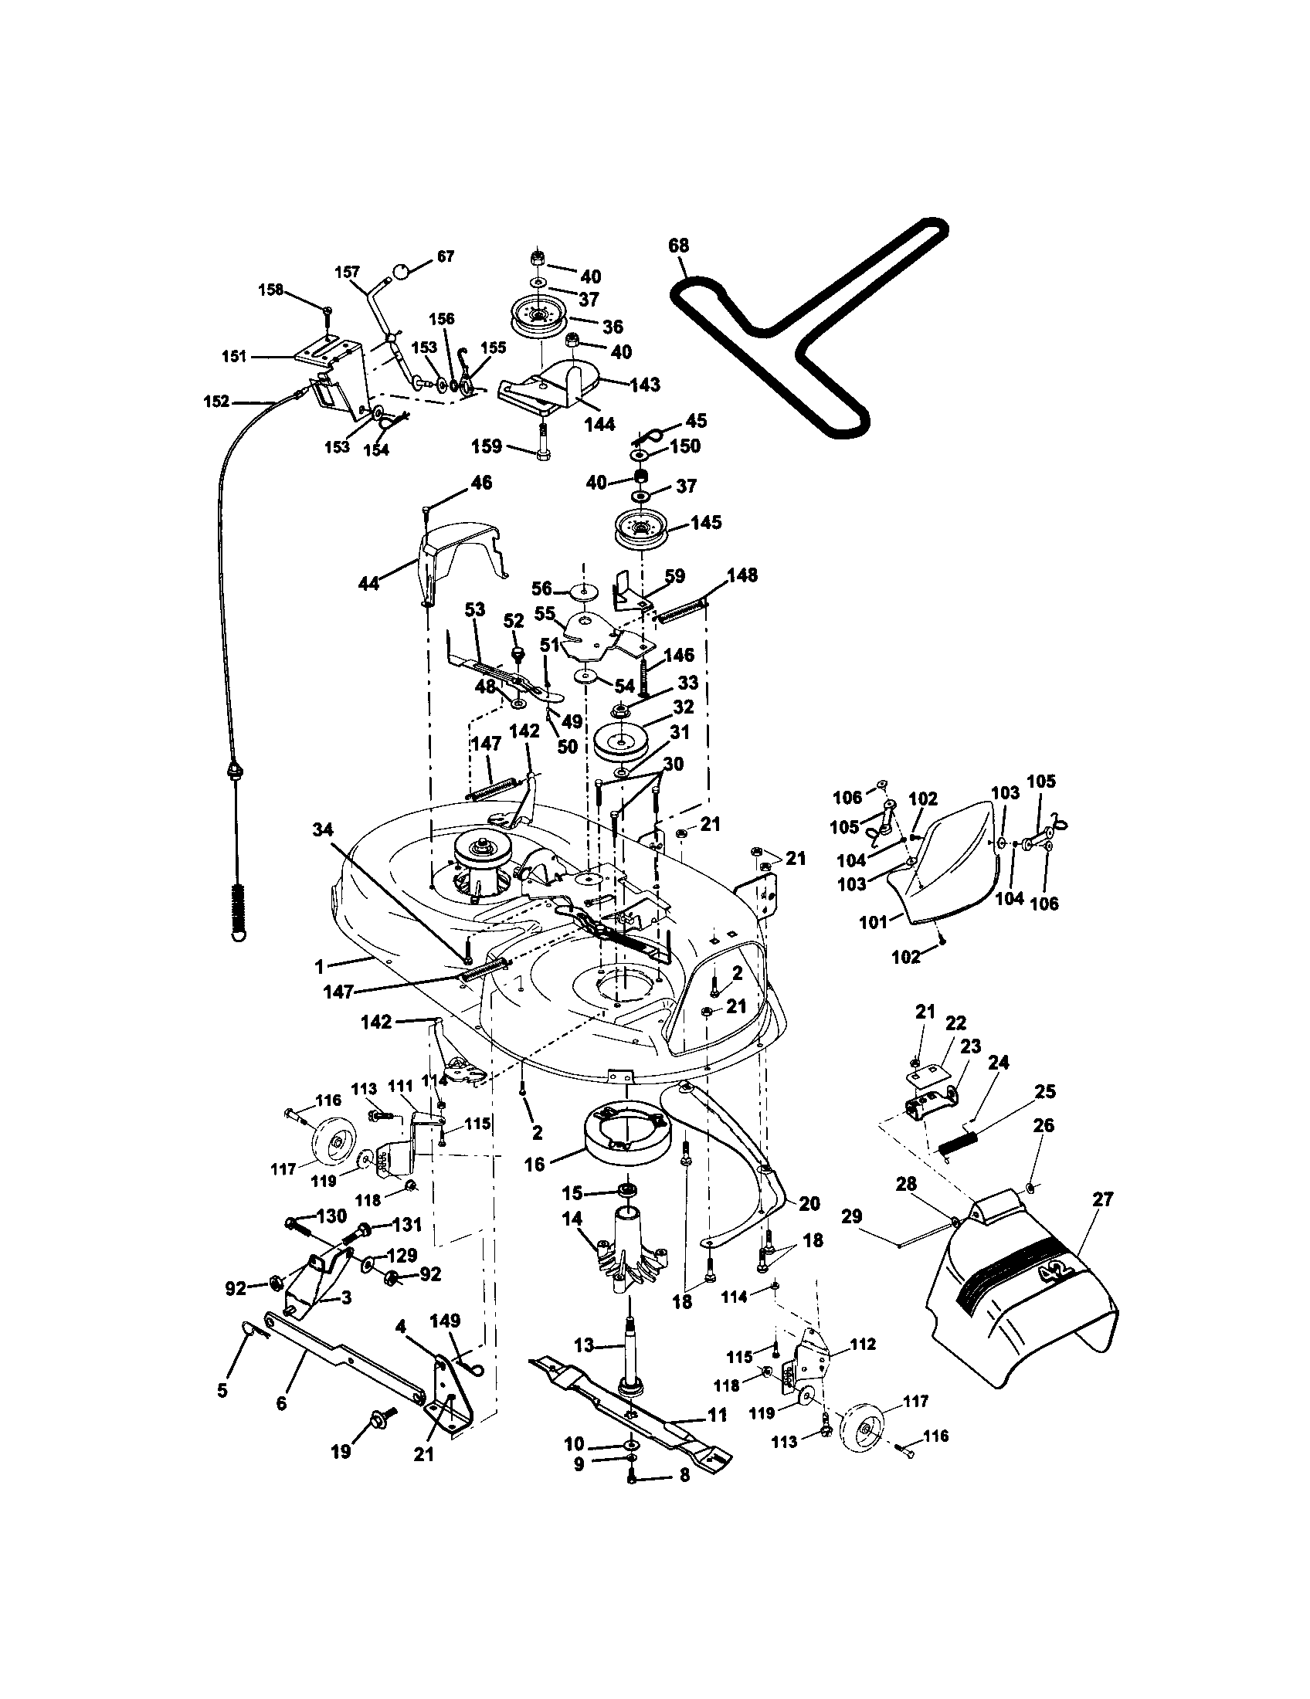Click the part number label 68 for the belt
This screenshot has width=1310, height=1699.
[x=678, y=246]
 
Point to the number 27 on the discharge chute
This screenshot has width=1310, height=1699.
[x=1102, y=1199]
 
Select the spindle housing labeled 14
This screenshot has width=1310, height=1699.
[x=633, y=1256]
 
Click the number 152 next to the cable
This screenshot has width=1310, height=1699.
[x=216, y=402]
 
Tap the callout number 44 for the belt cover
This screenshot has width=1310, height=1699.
[x=368, y=582]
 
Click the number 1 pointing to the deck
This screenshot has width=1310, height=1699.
[x=319, y=966]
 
